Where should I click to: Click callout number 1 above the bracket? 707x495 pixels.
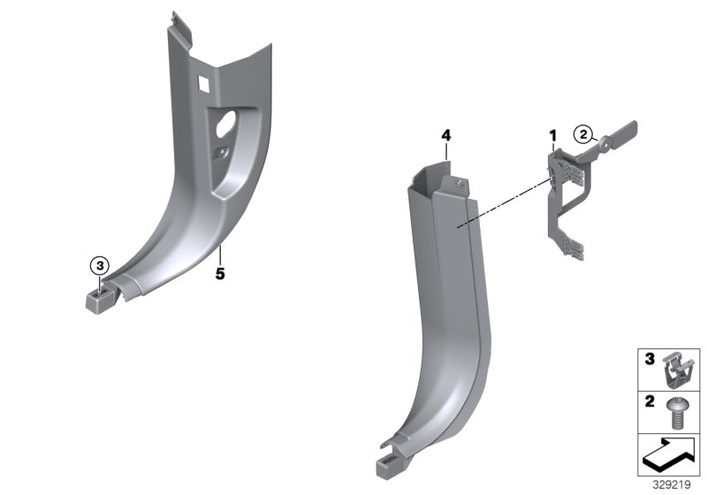click(x=553, y=135)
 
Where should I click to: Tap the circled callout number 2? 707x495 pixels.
click(x=582, y=134)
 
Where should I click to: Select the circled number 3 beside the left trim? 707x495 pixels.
click(x=100, y=265)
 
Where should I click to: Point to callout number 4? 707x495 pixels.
click(x=446, y=135)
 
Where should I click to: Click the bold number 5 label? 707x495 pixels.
click(x=220, y=274)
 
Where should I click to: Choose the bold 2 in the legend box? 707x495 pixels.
click(x=649, y=402)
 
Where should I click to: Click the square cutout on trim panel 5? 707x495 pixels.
click(x=202, y=83)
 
